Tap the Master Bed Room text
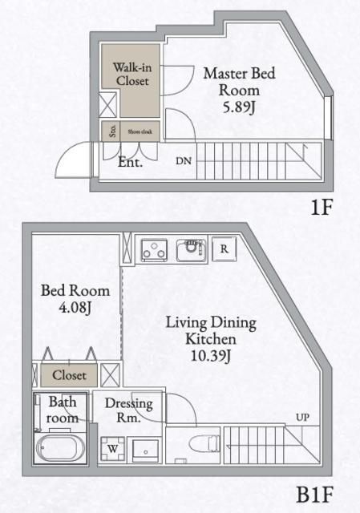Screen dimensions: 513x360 click(x=238, y=81)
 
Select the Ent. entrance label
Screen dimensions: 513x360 click(x=130, y=162)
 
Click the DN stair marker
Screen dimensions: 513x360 click(x=184, y=160)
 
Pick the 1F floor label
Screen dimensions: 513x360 click(x=321, y=207)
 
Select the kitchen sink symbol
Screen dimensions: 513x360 click(x=191, y=250)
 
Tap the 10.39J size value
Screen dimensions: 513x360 click(x=212, y=356)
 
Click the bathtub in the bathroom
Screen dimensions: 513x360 click(x=62, y=449)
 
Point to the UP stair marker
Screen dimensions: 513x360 click(x=301, y=418)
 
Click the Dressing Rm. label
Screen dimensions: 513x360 click(x=128, y=410)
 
